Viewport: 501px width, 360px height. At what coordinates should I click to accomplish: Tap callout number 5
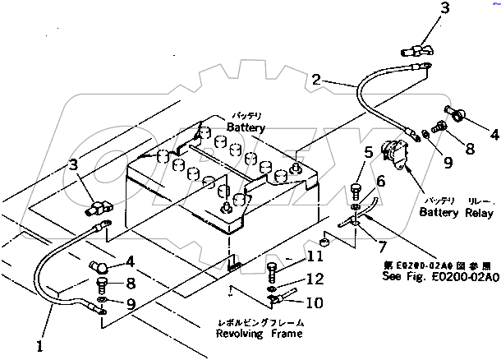(370, 151)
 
